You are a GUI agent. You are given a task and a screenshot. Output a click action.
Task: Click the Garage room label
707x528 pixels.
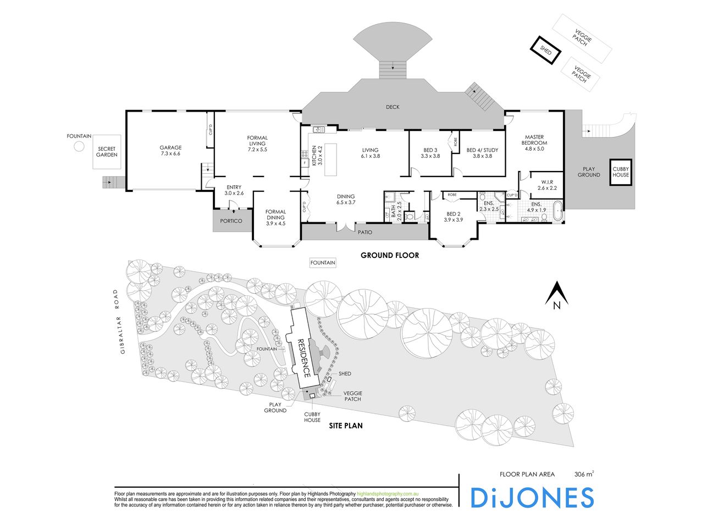coord(170,151)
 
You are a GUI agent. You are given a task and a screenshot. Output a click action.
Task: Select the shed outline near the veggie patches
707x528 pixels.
coord(545,50)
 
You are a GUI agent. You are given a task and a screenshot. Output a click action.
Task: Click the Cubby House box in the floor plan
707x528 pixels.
coord(621,172)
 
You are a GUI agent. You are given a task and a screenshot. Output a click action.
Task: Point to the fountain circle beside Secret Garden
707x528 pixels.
coord(79,146)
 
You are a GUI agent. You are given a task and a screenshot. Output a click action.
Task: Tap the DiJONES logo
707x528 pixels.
coord(532,497)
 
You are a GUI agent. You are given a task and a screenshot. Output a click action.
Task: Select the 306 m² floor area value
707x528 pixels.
coord(584,474)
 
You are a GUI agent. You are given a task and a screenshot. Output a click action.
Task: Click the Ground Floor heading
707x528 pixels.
coord(389,255)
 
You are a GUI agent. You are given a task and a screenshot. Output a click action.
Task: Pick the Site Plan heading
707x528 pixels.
coord(345,426)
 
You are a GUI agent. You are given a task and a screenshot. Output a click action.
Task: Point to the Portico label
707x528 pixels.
coord(231,221)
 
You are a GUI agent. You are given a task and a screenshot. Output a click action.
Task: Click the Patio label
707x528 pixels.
coord(364,232)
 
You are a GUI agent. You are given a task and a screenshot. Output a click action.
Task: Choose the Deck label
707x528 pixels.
coord(392,107)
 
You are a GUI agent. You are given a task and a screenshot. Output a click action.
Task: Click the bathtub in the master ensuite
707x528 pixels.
coord(557,212)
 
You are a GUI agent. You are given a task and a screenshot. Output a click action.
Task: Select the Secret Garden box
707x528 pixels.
coord(107,151)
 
